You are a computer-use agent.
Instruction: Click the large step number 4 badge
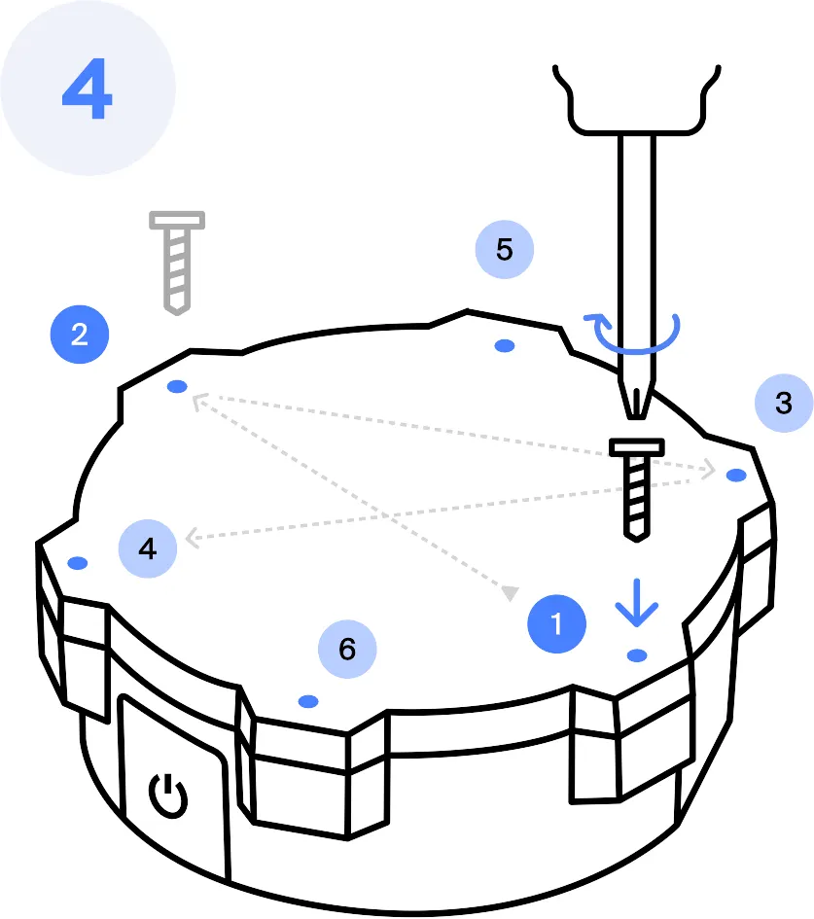pyautogui.click(x=88, y=88)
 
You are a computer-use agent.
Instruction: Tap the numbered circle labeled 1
pyautogui.click(x=556, y=623)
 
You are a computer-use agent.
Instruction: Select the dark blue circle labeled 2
pyautogui.click(x=80, y=335)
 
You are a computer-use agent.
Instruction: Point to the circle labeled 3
pyautogui.click(x=784, y=404)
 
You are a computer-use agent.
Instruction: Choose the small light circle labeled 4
pyautogui.click(x=148, y=548)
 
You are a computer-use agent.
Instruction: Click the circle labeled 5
pyautogui.click(x=505, y=250)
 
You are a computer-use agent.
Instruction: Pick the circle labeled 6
pyautogui.click(x=347, y=650)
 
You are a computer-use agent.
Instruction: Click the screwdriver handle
pyautogui.click(x=637, y=99)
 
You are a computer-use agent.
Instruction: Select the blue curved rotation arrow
pyautogui.click(x=633, y=335)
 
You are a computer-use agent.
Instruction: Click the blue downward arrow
pyautogui.click(x=637, y=603)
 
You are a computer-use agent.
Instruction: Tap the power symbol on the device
pyautogui.click(x=168, y=795)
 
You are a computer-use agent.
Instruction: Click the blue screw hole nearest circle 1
pyautogui.click(x=637, y=655)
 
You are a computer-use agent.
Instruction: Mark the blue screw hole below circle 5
pyautogui.click(x=505, y=346)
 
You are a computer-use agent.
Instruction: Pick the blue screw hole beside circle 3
pyautogui.click(x=736, y=475)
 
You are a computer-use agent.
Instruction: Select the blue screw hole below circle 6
pyautogui.click(x=308, y=701)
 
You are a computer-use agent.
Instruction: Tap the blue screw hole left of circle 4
pyautogui.click(x=78, y=563)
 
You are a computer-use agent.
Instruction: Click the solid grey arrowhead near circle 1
pyautogui.click(x=511, y=593)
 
